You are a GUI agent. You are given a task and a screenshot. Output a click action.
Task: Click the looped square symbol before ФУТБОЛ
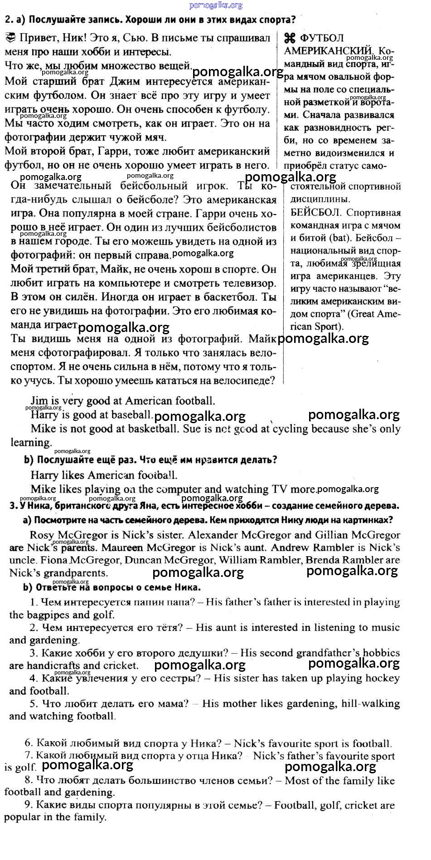290,38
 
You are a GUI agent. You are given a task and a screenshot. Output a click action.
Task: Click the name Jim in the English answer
39,401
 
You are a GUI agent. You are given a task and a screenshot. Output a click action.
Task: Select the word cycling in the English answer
291,429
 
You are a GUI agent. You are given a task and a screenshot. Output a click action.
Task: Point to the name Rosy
42,535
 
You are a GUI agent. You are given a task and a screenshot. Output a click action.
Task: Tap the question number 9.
28,805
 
